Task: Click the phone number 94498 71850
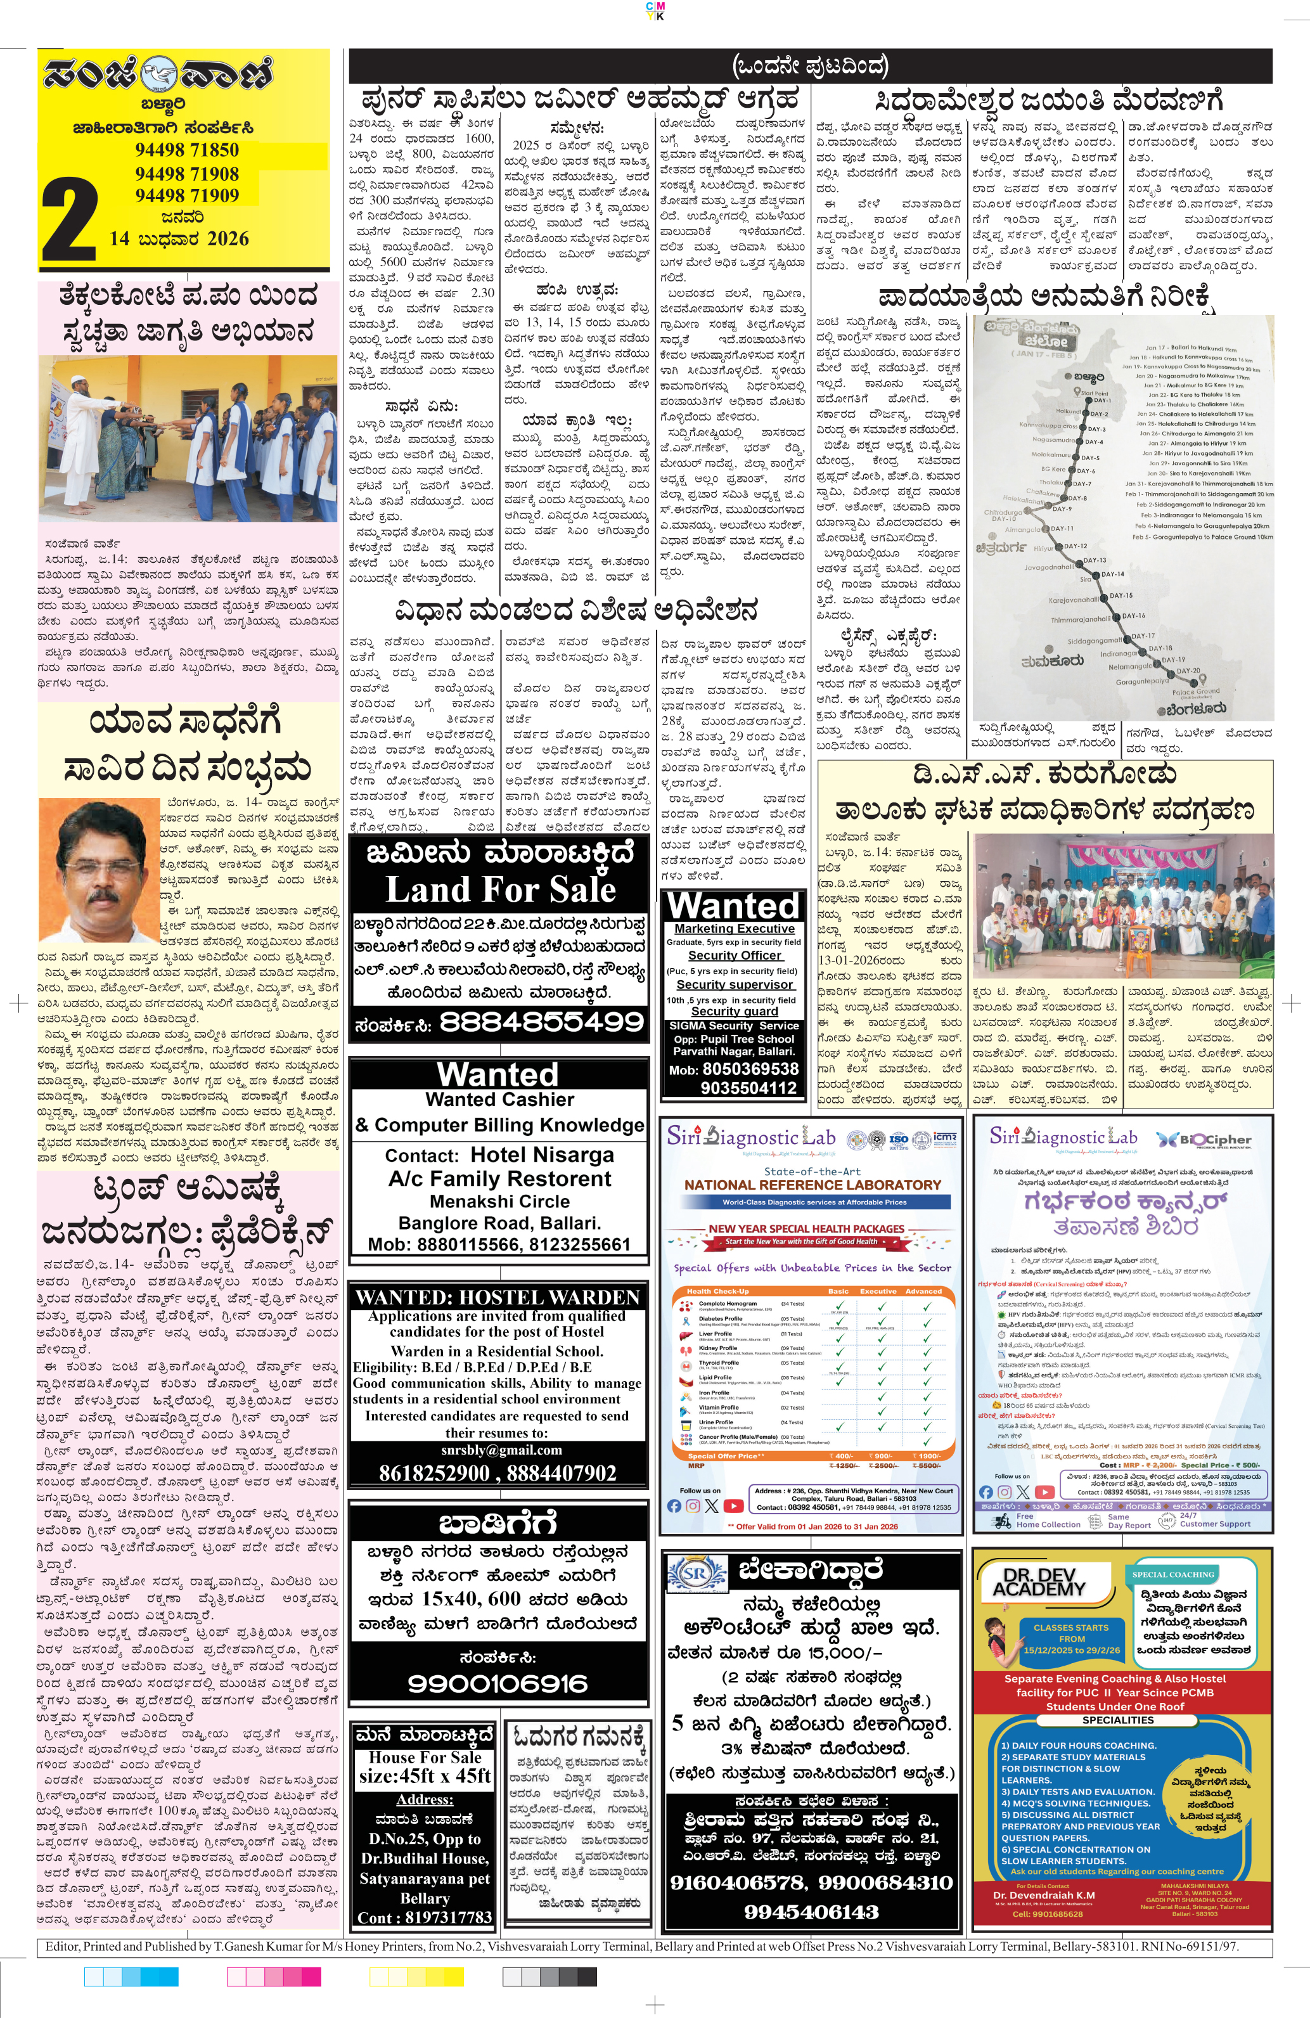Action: click(x=187, y=150)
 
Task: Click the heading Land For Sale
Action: click(x=500, y=889)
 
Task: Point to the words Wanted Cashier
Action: click(x=500, y=1099)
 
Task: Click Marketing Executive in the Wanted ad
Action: click(x=734, y=929)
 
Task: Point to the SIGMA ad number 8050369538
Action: click(x=750, y=1069)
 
